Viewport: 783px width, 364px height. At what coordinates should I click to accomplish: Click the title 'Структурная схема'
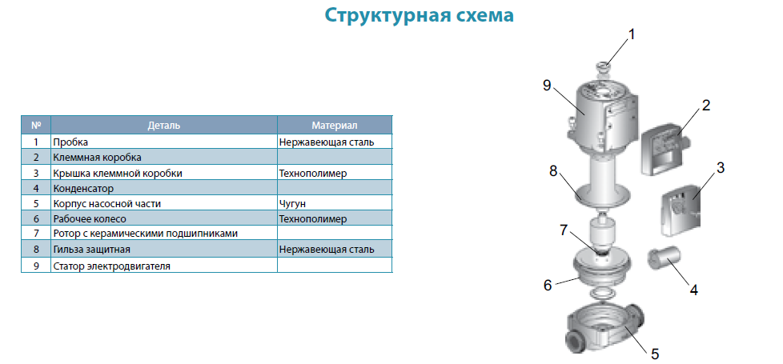point(419,15)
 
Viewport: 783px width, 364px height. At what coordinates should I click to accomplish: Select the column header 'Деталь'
point(164,126)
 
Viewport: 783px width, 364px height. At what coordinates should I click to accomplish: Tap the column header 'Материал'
point(335,126)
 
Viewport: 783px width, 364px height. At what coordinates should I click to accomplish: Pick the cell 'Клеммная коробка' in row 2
point(98,158)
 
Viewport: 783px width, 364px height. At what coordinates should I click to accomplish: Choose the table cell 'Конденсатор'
point(83,189)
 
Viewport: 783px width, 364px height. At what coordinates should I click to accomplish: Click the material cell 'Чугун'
point(292,204)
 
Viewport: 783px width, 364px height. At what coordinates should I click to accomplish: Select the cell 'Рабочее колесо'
point(90,219)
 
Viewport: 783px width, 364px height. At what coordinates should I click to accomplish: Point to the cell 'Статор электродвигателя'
point(112,266)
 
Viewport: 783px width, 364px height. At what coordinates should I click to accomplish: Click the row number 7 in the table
point(36,233)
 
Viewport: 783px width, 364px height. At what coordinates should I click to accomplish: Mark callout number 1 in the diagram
point(631,34)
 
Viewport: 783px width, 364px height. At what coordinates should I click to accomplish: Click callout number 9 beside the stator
point(547,86)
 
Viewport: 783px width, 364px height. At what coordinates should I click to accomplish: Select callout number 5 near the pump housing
point(655,354)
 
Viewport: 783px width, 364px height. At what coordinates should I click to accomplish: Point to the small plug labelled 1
point(604,69)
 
